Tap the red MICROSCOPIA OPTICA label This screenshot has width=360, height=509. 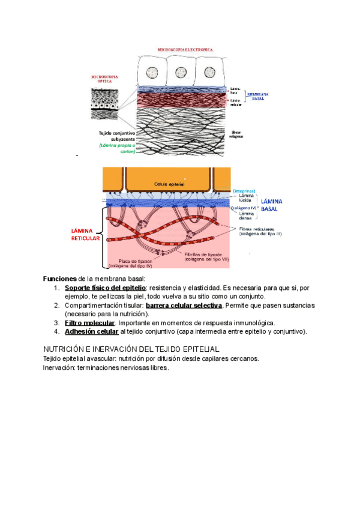coord(104,79)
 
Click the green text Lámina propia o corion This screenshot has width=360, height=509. coord(118,148)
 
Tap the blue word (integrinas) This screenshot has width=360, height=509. coord(245,191)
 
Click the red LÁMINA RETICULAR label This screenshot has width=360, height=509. coord(85,235)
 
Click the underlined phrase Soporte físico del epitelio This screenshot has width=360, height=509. coord(106,288)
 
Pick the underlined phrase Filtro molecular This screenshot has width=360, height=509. coord(89,323)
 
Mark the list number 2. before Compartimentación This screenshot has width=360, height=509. coord(56,306)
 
